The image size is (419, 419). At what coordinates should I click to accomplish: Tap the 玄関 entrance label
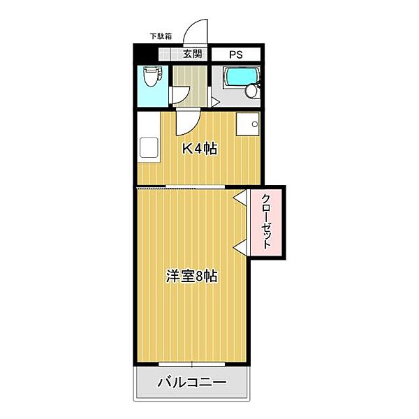[x=193, y=53]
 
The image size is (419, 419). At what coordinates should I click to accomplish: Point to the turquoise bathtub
[x=240, y=75]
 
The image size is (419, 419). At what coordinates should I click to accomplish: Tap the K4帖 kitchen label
[x=199, y=148]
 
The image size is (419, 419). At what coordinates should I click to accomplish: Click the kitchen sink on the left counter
[x=149, y=148]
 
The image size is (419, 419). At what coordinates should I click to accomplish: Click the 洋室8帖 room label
[x=191, y=276]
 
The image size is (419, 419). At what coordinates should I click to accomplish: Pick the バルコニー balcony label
[x=191, y=383]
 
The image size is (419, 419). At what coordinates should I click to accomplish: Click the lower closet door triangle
[x=240, y=245]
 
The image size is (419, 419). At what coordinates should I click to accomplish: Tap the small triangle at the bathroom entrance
[x=214, y=103]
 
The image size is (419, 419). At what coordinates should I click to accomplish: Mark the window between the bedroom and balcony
[x=191, y=363]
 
